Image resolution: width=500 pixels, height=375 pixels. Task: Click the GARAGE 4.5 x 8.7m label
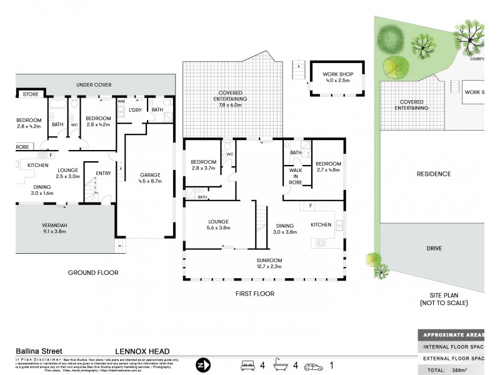(x=151, y=178)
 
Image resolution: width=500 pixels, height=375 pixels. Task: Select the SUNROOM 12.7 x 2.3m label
(x=269, y=263)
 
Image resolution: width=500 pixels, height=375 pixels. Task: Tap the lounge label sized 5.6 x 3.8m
(x=214, y=225)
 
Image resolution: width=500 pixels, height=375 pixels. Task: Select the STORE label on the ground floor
(x=30, y=94)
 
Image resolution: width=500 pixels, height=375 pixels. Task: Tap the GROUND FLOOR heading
(x=93, y=272)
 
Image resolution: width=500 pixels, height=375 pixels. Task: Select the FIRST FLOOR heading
(x=255, y=293)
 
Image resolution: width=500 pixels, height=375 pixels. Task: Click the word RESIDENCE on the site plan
(x=433, y=174)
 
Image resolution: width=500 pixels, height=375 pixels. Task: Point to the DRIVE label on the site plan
(x=434, y=248)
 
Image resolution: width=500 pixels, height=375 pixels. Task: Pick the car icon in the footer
(x=314, y=365)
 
